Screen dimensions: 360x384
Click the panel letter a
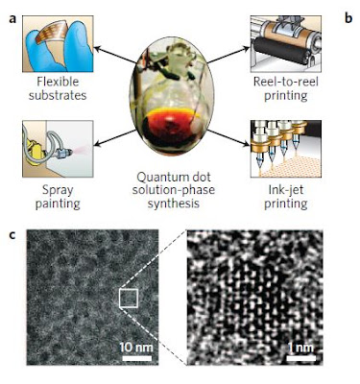(x=12, y=19)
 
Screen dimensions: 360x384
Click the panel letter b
(x=348, y=18)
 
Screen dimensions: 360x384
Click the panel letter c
(x=12, y=235)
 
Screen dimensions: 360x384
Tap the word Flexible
(x=58, y=82)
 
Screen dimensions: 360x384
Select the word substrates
(x=58, y=95)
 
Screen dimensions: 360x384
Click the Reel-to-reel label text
(x=286, y=82)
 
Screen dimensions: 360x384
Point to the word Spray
(x=58, y=191)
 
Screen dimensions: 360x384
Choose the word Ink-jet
(x=286, y=190)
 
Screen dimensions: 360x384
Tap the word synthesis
(x=174, y=204)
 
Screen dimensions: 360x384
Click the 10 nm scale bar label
(x=136, y=348)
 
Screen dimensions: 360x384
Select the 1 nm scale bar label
(x=300, y=348)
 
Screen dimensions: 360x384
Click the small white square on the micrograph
(x=129, y=298)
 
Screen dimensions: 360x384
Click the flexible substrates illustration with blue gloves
(x=58, y=43)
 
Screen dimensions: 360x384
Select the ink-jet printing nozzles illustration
(x=286, y=149)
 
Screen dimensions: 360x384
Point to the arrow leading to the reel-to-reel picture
(x=228, y=55)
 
